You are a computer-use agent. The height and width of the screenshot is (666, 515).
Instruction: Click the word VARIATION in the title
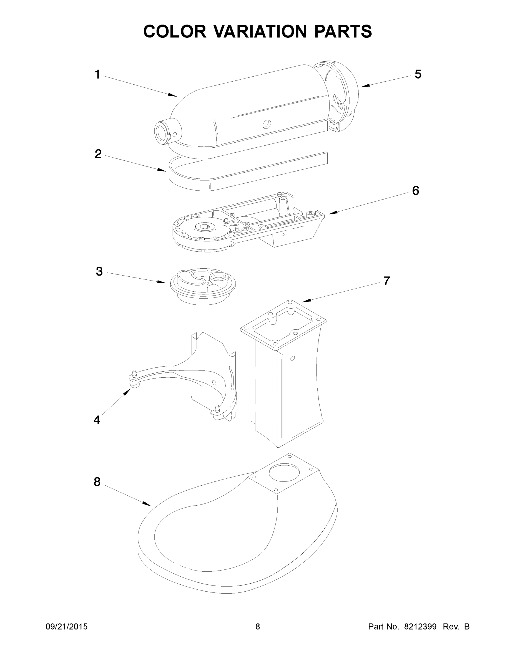pyautogui.click(x=260, y=31)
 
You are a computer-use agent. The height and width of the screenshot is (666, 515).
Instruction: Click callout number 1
pyautogui.click(x=97, y=75)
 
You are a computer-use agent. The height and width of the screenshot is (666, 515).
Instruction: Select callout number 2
pyautogui.click(x=98, y=154)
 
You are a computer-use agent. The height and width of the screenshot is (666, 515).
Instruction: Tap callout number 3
pyautogui.click(x=99, y=271)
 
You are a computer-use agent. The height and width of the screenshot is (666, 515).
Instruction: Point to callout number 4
pyautogui.click(x=97, y=420)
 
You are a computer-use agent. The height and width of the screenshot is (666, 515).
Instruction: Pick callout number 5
pyautogui.click(x=418, y=74)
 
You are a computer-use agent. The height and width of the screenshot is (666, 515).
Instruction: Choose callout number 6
pyautogui.click(x=416, y=191)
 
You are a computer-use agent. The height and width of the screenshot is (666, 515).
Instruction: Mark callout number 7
pyautogui.click(x=386, y=281)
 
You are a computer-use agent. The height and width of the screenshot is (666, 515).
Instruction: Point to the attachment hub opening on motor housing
pyautogui.click(x=160, y=133)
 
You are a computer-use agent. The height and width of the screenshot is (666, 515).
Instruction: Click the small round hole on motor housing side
pyautogui.click(x=267, y=123)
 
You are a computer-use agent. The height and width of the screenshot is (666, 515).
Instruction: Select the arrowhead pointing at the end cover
pyautogui.click(x=365, y=86)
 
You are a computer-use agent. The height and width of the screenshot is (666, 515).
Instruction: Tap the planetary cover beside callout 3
pyautogui.click(x=203, y=285)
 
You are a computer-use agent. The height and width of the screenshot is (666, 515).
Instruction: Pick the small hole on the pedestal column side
pyautogui.click(x=293, y=358)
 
